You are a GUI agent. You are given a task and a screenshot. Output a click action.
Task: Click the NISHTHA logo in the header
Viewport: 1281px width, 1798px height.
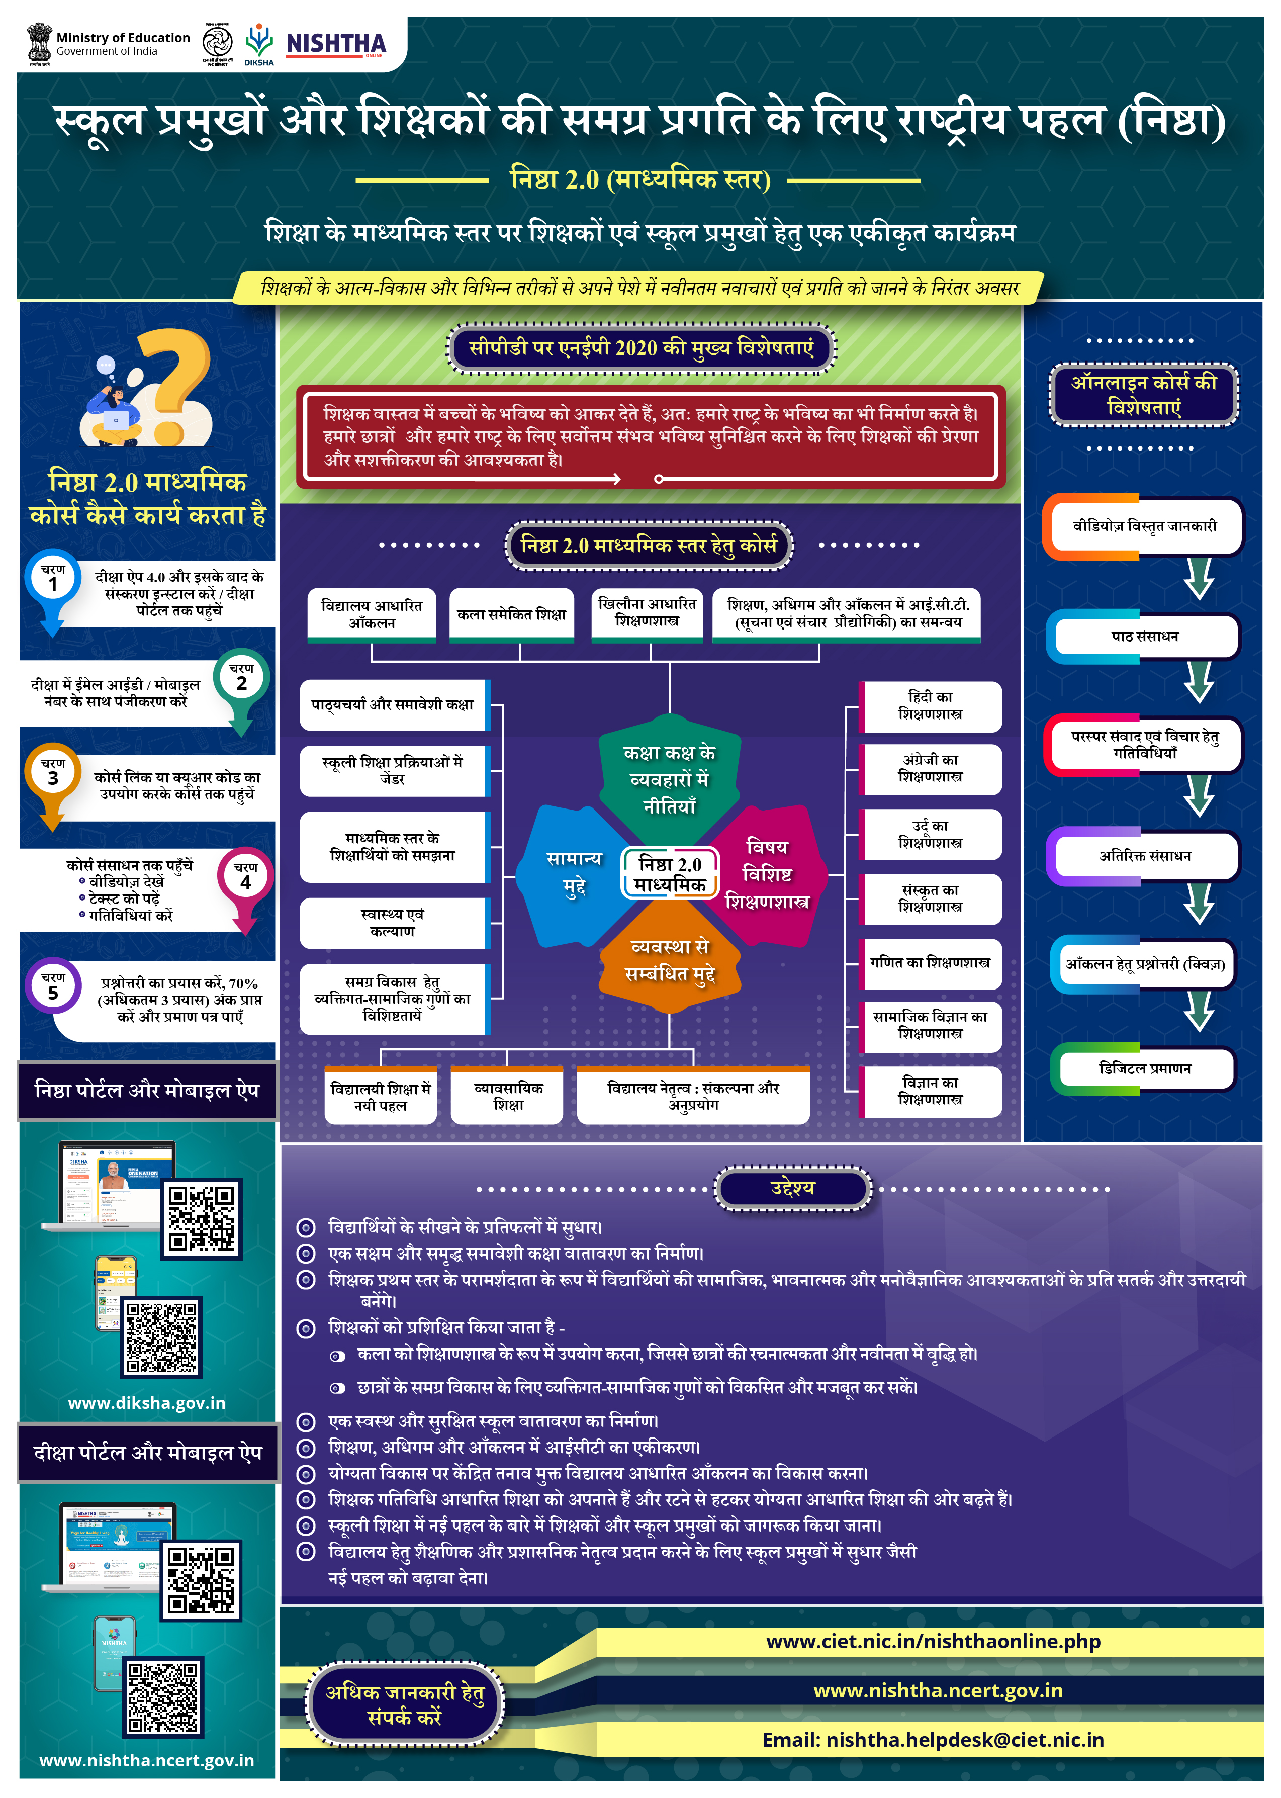click(335, 44)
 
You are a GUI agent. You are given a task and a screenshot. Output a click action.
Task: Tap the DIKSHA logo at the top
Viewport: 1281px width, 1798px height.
click(259, 44)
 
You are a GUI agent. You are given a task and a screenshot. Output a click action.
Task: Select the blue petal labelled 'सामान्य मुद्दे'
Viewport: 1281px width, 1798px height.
click(574, 872)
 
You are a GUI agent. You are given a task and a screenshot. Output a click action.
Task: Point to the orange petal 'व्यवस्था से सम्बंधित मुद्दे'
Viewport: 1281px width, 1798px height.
click(670, 959)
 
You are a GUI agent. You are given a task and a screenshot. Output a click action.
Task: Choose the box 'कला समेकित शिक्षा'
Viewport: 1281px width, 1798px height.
click(511, 614)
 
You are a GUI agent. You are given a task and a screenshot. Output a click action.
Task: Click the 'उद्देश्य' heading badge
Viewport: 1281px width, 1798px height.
click(793, 1188)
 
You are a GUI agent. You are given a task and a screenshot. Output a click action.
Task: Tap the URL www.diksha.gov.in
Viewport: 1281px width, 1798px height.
click(147, 1403)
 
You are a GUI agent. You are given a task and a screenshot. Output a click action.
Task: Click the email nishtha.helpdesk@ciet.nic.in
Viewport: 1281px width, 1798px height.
click(933, 1740)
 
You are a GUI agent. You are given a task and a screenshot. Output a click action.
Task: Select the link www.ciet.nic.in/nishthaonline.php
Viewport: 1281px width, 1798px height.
click(933, 1641)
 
